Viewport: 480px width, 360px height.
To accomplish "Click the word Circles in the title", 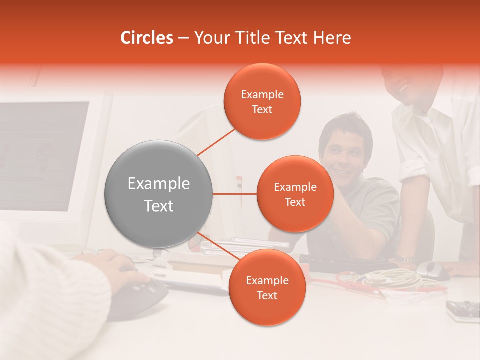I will (x=147, y=38).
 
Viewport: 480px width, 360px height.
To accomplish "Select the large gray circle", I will (x=158, y=194).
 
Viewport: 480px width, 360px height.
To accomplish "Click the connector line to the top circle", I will (x=216, y=141).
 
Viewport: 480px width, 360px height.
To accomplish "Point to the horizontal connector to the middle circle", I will (x=235, y=194).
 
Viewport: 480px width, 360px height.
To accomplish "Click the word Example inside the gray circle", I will (x=158, y=184).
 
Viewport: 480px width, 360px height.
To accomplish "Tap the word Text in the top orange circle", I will (x=262, y=110).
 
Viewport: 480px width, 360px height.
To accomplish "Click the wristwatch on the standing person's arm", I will (x=402, y=259).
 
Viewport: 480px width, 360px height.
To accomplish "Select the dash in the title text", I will (x=183, y=38).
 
